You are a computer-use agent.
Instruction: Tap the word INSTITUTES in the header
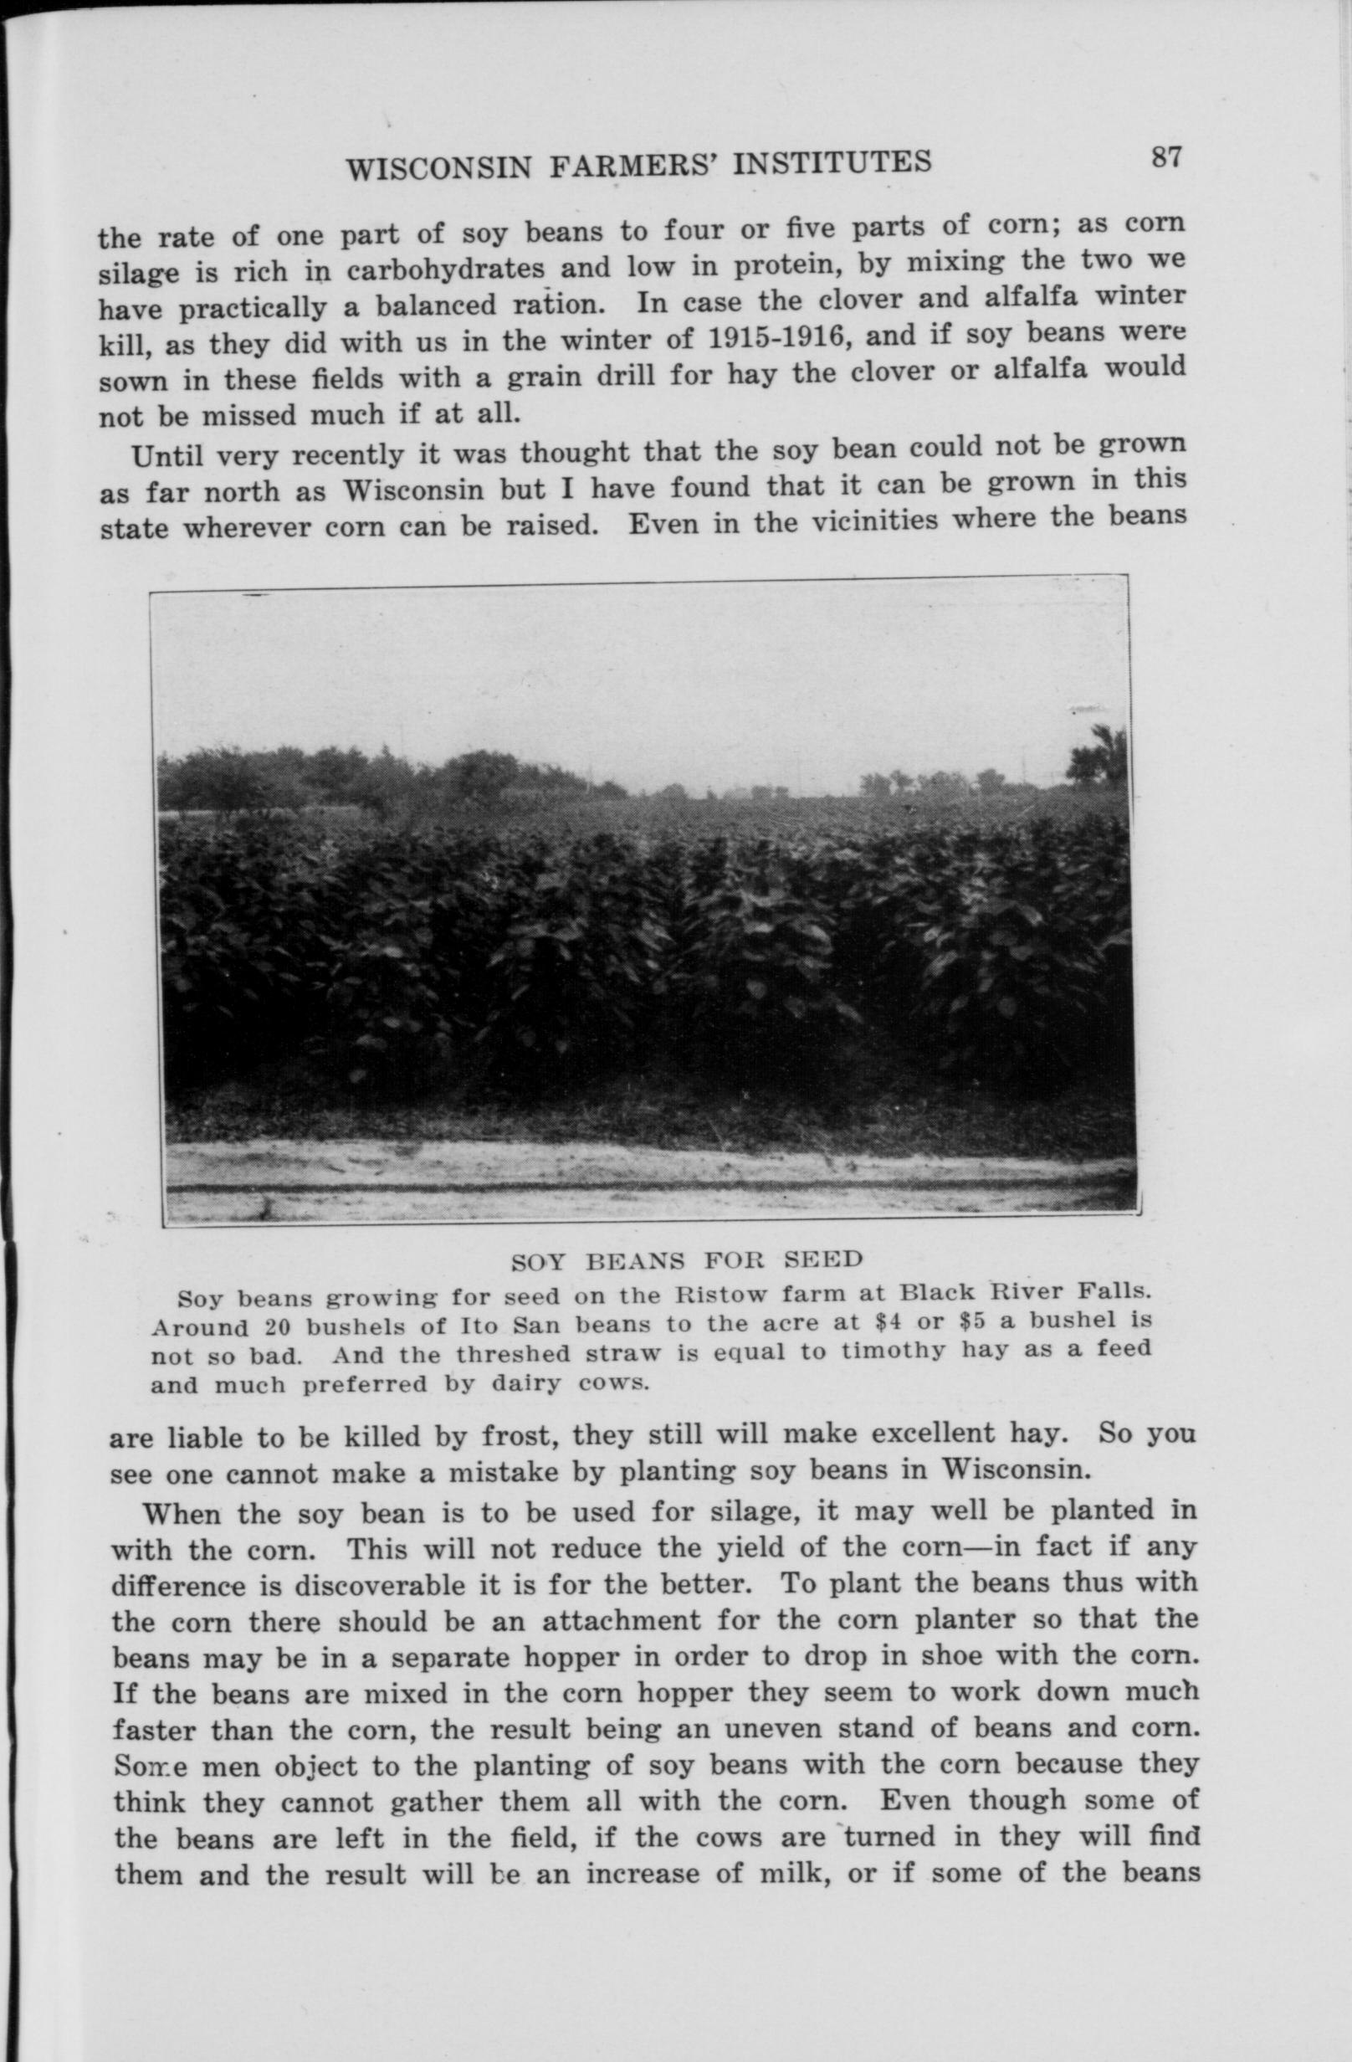[x=832, y=162]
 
